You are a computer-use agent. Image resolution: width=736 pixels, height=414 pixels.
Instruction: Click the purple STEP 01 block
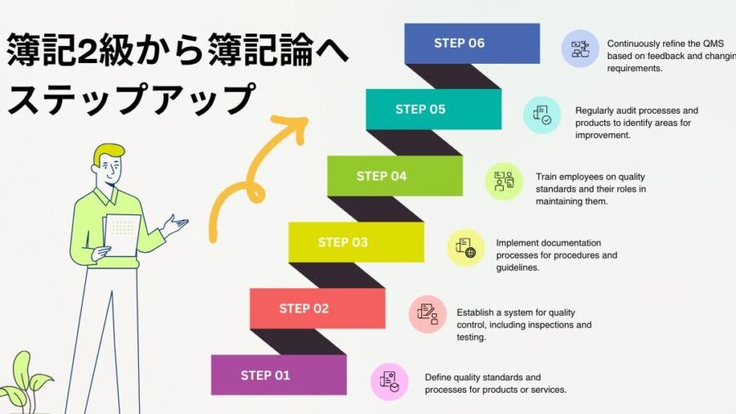pyautogui.click(x=279, y=375)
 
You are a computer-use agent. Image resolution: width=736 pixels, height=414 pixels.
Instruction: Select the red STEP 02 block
pyautogui.click(x=317, y=308)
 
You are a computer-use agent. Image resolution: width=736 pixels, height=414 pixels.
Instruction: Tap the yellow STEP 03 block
pyautogui.click(x=357, y=242)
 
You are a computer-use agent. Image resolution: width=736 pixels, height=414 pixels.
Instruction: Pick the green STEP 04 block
pyautogui.click(x=395, y=176)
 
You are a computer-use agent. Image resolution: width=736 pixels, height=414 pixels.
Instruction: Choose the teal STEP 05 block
pyautogui.click(x=433, y=110)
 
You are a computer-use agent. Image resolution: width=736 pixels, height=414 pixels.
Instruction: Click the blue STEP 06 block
pyautogui.click(x=472, y=43)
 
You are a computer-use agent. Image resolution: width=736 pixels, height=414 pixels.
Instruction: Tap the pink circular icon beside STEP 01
pyautogui.click(x=389, y=381)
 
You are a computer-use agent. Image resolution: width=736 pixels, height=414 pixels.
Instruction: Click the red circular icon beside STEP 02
pyautogui.click(x=427, y=314)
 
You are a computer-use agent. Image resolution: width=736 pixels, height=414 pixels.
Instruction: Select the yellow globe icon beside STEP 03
pyautogui.click(x=465, y=248)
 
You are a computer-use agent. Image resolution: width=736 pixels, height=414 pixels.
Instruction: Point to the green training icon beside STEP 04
pyautogui.click(x=504, y=181)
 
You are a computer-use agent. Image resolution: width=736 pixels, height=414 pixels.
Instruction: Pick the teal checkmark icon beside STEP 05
pyautogui.click(x=542, y=115)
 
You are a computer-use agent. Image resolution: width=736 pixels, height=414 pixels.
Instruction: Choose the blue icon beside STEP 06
pyautogui.click(x=581, y=49)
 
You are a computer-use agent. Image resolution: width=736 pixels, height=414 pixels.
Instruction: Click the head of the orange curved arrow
pyautogui.click(x=294, y=127)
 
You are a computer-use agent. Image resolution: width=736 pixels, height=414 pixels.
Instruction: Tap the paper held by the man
pyautogui.click(x=122, y=235)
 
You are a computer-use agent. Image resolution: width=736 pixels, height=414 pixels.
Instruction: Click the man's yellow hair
pyautogui.click(x=107, y=153)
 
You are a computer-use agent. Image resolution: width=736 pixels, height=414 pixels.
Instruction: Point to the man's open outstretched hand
pyautogui.click(x=176, y=225)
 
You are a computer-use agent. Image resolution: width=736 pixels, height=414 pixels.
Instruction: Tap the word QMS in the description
pyautogui.click(x=713, y=43)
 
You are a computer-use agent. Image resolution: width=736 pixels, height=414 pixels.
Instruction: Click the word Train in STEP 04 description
pyautogui.click(x=546, y=177)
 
